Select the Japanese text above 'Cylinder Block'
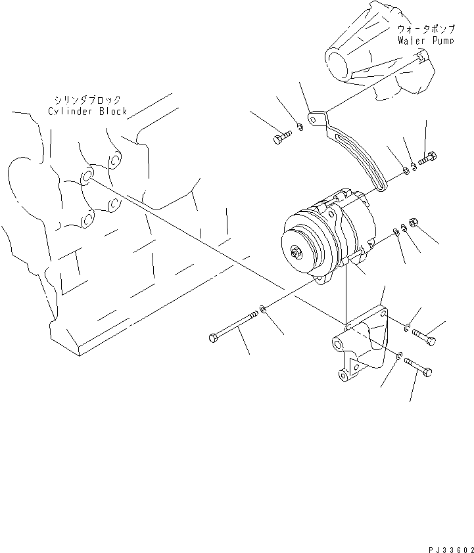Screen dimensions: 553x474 pos(88,100)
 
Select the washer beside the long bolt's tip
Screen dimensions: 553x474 pos(264,308)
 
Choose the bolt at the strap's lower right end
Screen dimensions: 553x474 pos(428,158)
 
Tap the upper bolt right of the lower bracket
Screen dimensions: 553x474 pos(425,336)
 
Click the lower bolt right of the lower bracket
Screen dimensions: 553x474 pos(418,365)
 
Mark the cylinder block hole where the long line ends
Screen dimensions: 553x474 pos(87,177)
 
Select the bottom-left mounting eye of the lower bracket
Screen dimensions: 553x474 pos(344,376)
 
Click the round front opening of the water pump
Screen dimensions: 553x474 pos(339,66)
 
